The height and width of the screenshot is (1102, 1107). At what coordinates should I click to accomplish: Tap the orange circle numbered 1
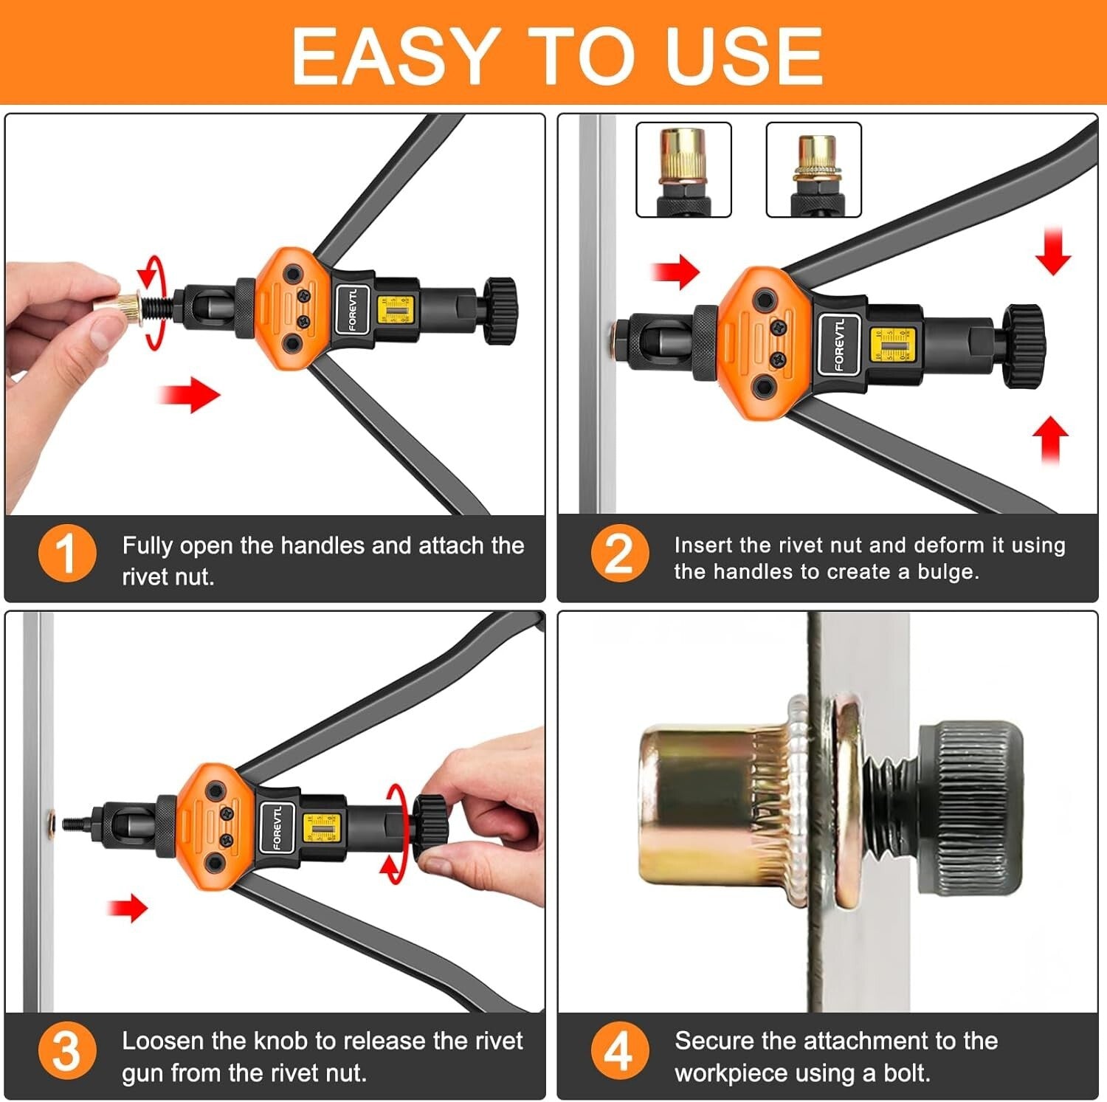(67, 553)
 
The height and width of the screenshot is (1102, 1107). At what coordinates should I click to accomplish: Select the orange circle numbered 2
(619, 553)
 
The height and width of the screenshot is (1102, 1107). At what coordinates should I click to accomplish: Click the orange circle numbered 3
(67, 1050)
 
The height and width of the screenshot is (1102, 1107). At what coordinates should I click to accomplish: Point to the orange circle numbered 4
(619, 1050)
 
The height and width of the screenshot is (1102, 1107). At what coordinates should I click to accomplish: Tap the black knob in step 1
(500, 310)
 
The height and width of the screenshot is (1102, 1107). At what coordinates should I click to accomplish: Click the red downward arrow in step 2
(1052, 252)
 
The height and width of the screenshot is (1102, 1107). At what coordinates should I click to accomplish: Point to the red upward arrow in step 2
(1050, 439)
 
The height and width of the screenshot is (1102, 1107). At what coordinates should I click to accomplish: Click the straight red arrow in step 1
(190, 394)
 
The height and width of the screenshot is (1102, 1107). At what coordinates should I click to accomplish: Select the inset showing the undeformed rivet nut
(683, 170)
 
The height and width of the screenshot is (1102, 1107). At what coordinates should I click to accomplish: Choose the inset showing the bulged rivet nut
(813, 170)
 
